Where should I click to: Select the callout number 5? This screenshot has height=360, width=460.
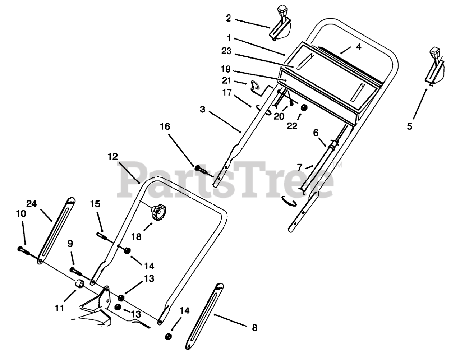(409, 126)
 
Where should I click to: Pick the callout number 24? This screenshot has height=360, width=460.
(32, 204)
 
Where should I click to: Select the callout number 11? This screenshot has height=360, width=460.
(60, 308)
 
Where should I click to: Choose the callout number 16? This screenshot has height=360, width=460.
(165, 126)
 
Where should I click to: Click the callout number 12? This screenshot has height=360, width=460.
(112, 156)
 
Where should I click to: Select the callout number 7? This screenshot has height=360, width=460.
(300, 157)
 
